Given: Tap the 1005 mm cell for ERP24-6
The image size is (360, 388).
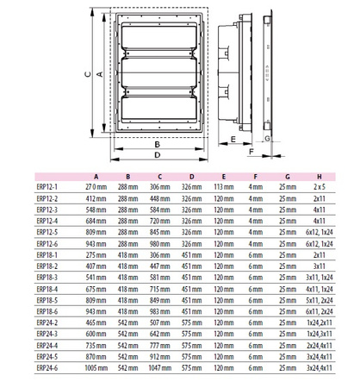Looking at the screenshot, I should click(93, 369).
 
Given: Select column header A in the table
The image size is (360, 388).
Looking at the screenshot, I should click(93, 174).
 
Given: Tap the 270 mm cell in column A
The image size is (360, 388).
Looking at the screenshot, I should click(93, 185).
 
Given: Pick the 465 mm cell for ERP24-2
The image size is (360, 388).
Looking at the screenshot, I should click(93, 323).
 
